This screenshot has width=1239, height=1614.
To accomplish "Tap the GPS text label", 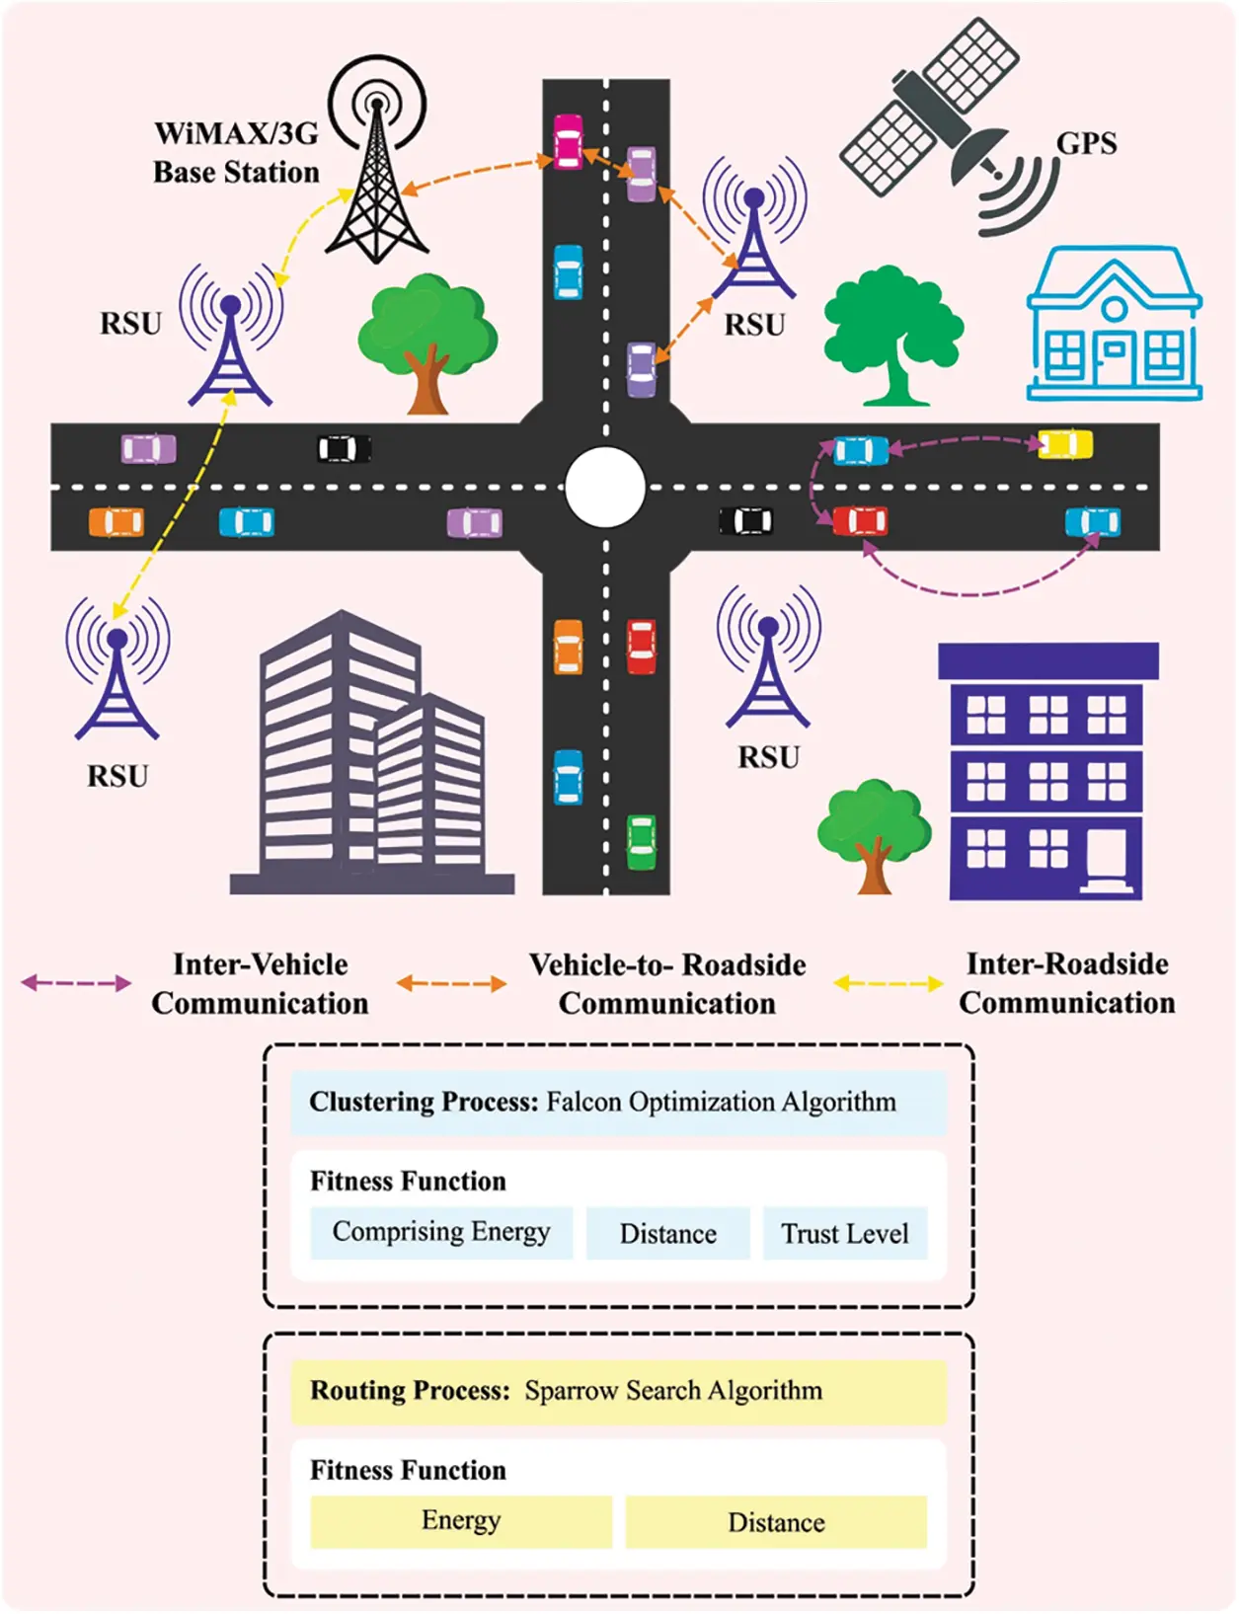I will (x=1086, y=144).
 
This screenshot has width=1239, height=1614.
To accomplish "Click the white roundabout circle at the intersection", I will (x=605, y=487).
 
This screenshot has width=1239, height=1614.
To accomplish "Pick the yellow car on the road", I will (x=1065, y=444).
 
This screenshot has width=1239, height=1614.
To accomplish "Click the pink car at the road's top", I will (x=568, y=141).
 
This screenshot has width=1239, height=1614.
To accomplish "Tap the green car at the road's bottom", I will (x=642, y=842).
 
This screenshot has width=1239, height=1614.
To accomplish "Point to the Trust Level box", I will (x=845, y=1234).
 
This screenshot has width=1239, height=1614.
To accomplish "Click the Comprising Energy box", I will (x=441, y=1233).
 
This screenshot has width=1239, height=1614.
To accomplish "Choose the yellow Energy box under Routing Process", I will (x=461, y=1521).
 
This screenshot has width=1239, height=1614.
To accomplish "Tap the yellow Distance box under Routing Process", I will (x=776, y=1522).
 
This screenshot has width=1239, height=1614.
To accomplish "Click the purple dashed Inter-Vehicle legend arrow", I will (x=76, y=983).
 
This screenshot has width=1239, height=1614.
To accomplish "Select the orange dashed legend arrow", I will (x=451, y=983).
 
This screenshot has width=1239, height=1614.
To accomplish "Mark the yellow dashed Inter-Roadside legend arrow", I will (x=888, y=983).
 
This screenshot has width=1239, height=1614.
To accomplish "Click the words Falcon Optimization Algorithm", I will (x=721, y=1102).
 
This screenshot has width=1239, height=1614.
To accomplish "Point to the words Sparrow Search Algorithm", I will (x=673, y=1391).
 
